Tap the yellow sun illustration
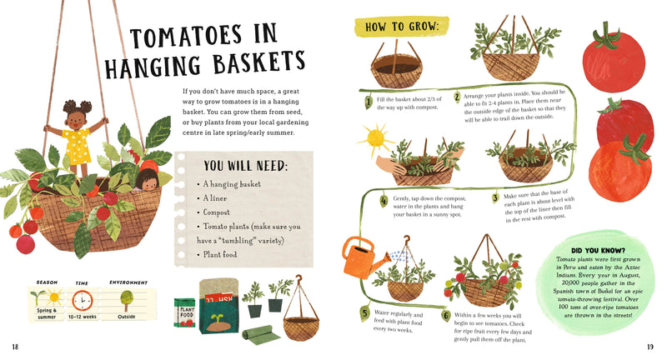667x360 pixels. coord(375,137)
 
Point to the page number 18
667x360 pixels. coord(15,346)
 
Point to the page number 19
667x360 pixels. coord(650,346)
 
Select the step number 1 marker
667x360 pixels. coord(368,102)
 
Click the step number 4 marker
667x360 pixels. coord(384,200)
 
